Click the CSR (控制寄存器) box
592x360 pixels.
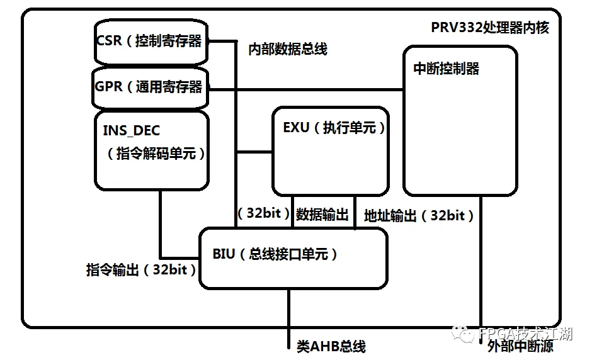point(151,42)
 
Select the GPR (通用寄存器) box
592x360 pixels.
point(151,87)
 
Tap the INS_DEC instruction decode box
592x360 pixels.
point(151,151)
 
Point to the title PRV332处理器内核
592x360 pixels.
point(490,28)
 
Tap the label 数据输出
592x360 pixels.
point(322,215)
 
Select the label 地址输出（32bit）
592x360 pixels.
point(419,216)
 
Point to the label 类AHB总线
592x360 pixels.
point(331,346)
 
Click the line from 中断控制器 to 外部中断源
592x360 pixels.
point(481,264)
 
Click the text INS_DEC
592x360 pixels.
point(131,131)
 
